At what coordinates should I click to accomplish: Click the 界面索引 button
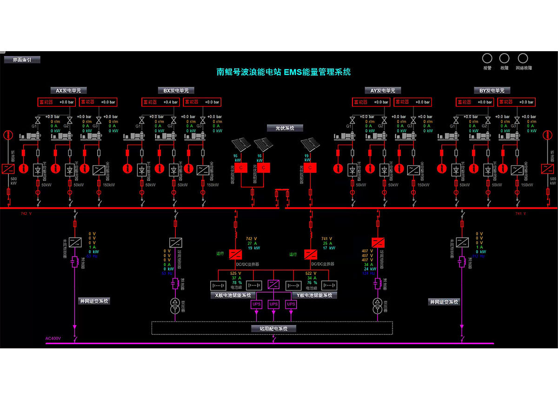tap(22, 60)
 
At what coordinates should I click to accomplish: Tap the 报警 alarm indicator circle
tap(487, 58)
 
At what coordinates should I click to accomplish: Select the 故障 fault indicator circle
tap(504, 58)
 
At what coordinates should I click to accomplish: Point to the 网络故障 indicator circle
tap(523, 58)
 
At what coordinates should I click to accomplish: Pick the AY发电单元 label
tap(382, 91)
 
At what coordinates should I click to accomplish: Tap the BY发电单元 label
tap(492, 91)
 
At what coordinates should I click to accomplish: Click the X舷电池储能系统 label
tap(232, 295)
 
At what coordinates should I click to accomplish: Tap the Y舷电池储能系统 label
tap(314, 295)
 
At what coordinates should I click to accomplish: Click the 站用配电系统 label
tap(273, 328)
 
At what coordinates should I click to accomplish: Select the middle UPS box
tap(273, 304)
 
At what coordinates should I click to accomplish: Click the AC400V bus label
tap(53, 339)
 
